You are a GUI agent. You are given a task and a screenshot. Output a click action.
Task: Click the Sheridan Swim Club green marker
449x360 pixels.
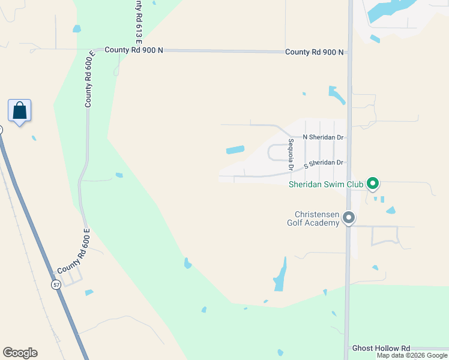373,183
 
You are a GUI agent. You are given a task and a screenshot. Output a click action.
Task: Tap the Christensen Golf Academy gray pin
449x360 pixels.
349,218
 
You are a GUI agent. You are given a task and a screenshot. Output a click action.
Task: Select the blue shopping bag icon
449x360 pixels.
19,111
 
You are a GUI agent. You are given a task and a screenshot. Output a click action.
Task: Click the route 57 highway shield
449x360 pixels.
56,284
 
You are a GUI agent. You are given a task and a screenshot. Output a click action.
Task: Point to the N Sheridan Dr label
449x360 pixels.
323,137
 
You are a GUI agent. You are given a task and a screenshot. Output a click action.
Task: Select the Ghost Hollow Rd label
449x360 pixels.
381,348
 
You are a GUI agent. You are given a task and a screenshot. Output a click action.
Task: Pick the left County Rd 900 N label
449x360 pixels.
134,50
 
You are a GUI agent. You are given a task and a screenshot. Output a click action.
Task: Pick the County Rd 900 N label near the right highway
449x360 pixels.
314,52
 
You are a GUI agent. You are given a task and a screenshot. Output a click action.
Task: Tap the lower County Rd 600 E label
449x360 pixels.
73,251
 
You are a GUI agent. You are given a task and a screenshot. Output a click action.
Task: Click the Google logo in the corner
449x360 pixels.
20,353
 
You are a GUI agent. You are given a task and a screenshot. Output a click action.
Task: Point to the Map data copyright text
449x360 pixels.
412,355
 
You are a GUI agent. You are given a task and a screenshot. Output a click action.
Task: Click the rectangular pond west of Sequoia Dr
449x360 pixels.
235,149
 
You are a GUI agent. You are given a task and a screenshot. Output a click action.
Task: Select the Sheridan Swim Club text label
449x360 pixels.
326,184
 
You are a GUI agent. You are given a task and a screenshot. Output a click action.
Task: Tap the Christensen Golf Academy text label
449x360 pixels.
316,218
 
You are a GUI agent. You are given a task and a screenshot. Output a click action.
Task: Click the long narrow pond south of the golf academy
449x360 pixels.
280,276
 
